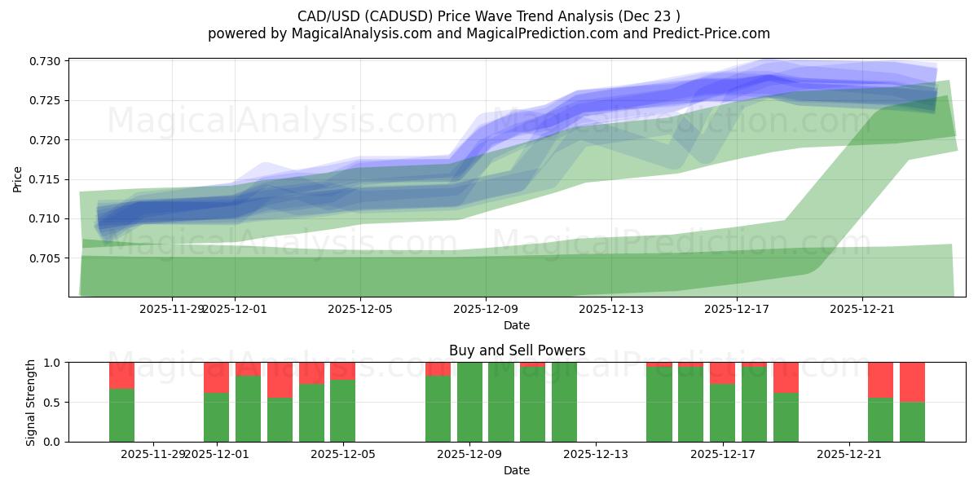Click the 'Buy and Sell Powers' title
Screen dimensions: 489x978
coord(517,350)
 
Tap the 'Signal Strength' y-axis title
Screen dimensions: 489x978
coord(31,402)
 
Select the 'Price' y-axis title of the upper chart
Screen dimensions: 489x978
coord(18,179)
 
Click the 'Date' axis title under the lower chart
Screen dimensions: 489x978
coord(517,470)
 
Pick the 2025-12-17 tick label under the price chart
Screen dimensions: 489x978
coord(737,309)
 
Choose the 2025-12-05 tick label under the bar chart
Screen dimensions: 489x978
coord(342,454)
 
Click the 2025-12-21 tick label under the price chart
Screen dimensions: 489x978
coord(862,309)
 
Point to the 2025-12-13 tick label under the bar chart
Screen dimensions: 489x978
coord(596,454)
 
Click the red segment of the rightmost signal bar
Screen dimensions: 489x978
coord(912,381)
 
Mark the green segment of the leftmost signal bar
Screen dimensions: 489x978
coord(121,415)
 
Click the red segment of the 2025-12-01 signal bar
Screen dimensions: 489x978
coord(216,377)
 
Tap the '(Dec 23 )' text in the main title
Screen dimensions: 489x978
coord(650,15)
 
